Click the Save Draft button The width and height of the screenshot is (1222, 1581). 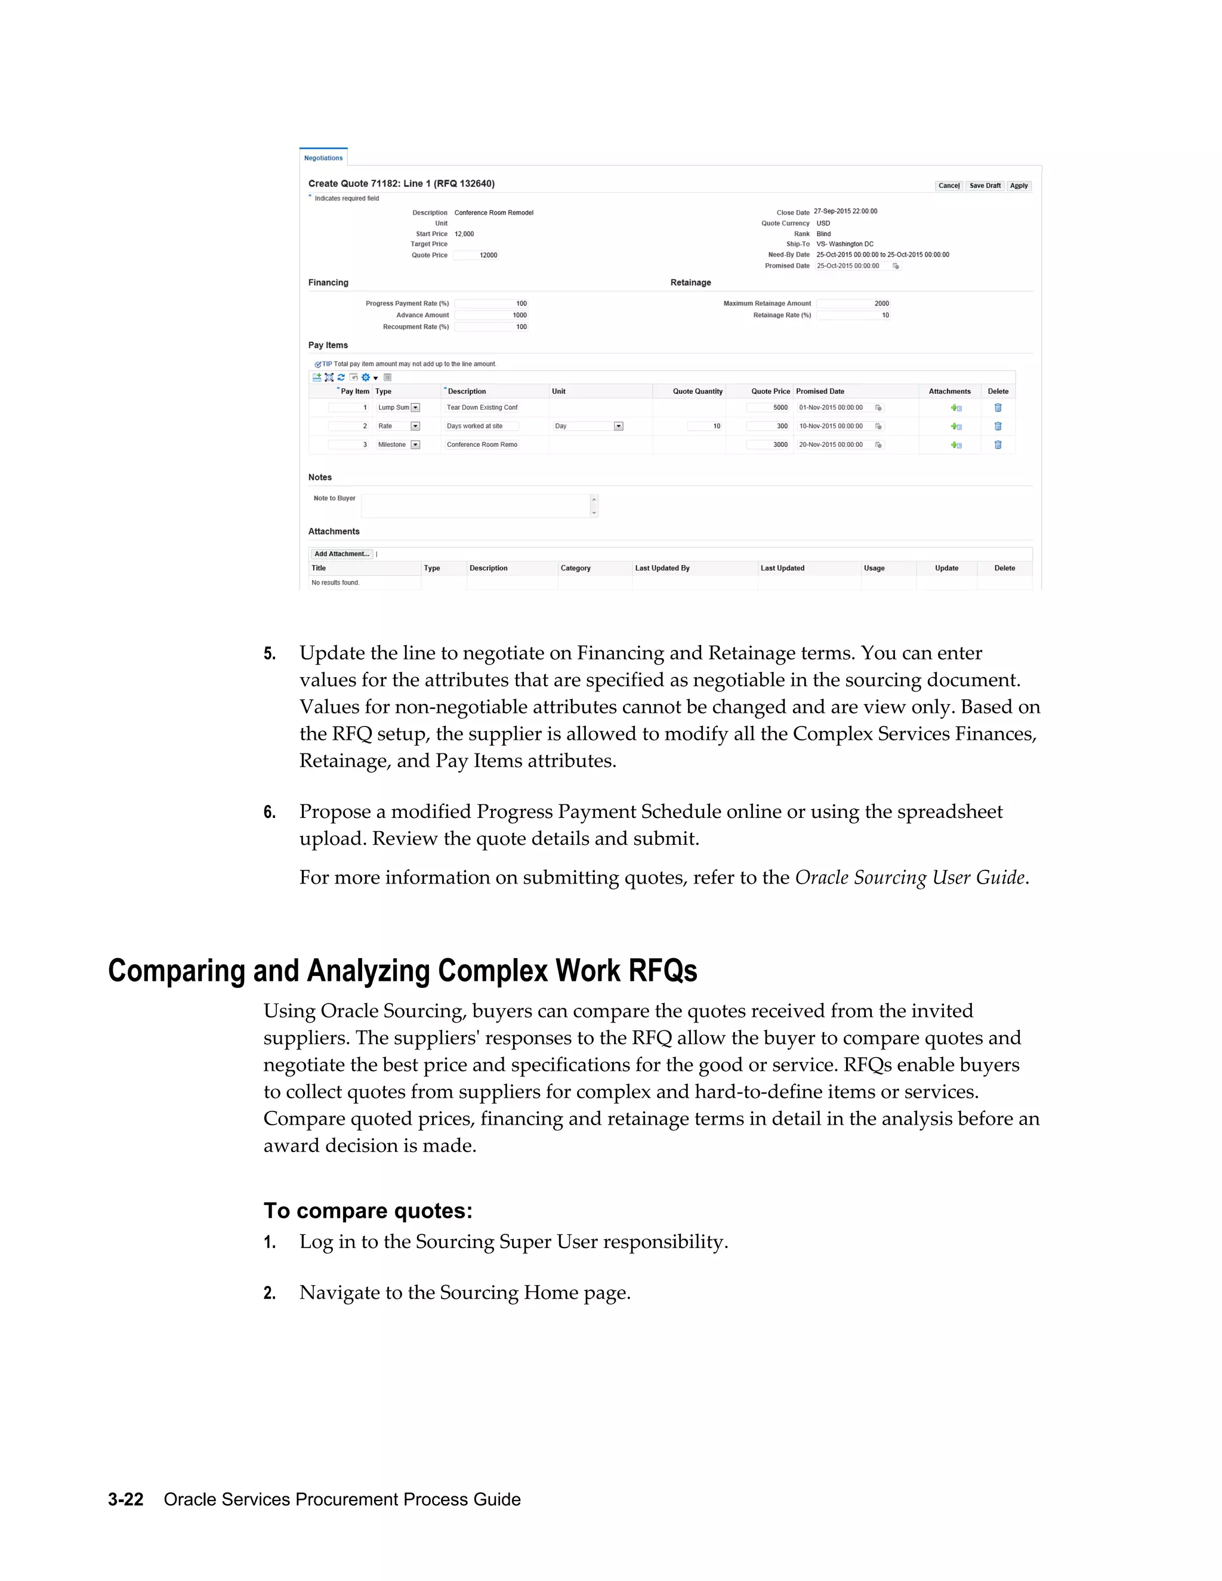[985, 186]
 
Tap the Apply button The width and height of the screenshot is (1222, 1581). [1019, 186]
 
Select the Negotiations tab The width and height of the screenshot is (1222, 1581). [323, 158]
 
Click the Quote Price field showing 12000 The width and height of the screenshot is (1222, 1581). [476, 255]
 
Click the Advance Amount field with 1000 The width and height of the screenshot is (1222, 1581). [492, 316]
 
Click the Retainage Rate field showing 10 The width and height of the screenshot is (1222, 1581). [853, 316]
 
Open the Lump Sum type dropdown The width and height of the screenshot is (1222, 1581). [415, 407]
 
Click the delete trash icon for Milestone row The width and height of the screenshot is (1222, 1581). [998, 445]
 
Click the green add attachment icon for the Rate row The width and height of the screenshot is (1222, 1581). [956, 427]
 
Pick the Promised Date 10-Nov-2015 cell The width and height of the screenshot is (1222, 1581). [832, 427]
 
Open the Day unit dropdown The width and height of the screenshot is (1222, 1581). [618, 427]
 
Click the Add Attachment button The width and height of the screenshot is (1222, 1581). [342, 554]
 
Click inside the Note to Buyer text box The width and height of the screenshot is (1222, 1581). [476, 506]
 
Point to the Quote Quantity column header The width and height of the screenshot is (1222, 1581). [697, 391]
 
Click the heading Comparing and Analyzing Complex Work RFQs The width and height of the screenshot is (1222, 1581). [403, 971]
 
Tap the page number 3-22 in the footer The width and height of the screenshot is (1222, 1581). [126, 1499]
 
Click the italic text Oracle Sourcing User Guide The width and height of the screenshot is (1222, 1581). [910, 878]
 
